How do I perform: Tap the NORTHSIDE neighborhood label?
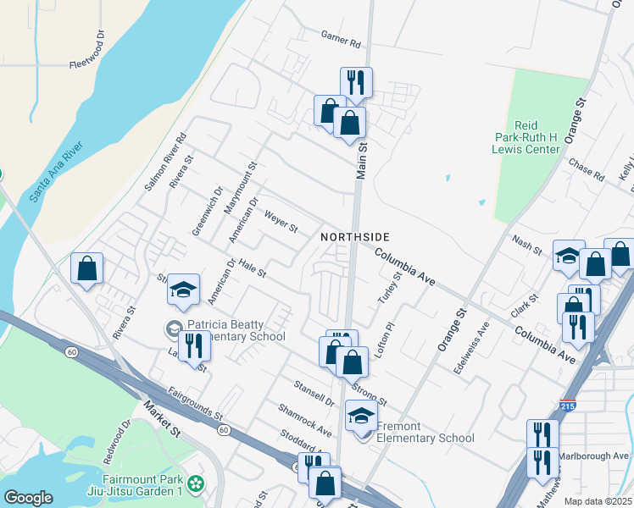tap(355, 237)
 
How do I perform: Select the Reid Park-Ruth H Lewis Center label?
tap(526, 136)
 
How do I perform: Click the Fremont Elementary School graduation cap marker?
tap(361, 417)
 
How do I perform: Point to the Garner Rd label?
tap(341, 40)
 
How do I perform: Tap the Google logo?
tap(28, 498)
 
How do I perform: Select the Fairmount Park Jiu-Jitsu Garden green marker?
tap(197, 484)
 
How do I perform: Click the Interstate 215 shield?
tap(568, 406)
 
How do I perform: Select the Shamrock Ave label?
tap(305, 420)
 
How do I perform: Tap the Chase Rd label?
tap(587, 169)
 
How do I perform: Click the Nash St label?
tap(526, 246)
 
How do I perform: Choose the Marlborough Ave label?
tap(598, 456)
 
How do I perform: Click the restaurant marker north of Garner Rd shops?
tap(356, 82)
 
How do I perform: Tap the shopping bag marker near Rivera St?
tap(86, 268)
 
